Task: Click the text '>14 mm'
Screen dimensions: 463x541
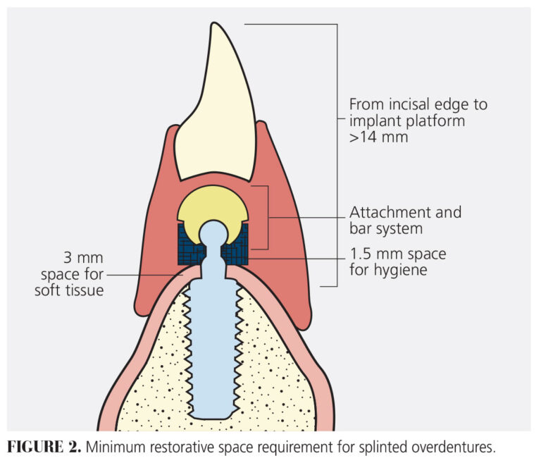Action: tap(378, 137)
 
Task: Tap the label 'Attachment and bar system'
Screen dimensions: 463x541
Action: tap(405, 220)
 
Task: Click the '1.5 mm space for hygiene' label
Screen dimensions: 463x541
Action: tap(398, 261)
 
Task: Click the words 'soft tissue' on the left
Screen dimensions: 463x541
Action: tap(68, 290)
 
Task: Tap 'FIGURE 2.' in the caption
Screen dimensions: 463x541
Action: tap(44, 447)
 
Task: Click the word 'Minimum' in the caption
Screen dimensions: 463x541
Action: tap(116, 447)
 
